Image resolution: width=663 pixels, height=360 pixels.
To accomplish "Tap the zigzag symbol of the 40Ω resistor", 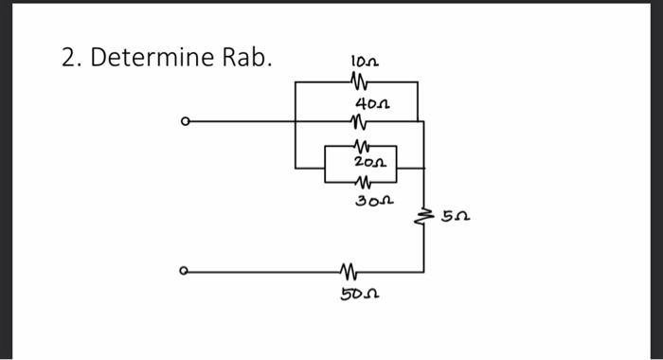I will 357,121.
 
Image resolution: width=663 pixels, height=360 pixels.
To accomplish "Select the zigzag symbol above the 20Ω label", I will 359,146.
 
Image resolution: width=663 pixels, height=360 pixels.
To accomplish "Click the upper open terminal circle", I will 186,121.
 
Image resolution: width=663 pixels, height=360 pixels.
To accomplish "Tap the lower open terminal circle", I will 186,272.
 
